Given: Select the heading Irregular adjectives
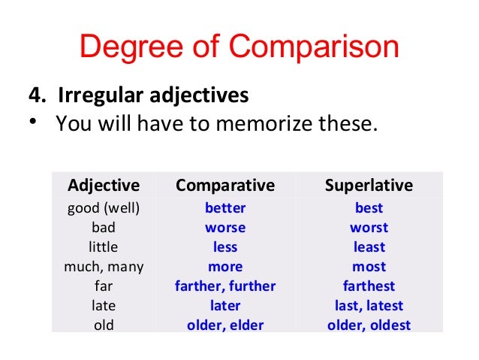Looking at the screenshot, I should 138,97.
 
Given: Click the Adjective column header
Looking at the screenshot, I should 104,185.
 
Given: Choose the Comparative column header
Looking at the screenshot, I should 225,185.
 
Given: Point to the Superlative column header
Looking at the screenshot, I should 369,185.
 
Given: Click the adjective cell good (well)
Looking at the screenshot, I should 104,207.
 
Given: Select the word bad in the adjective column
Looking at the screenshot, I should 104,227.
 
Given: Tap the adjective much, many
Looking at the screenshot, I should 104,266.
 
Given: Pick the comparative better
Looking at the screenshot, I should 225,207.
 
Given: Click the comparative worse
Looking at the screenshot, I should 225,227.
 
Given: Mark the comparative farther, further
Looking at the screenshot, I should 225,286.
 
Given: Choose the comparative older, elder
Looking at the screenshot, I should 225,325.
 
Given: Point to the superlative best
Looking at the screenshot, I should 369,207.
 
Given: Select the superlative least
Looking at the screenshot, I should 369,247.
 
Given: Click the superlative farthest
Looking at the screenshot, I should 369,286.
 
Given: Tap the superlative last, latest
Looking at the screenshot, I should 369,305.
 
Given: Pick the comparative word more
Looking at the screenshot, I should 225,266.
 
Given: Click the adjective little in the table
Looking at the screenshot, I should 104,247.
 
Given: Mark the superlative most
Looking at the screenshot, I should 369,266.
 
